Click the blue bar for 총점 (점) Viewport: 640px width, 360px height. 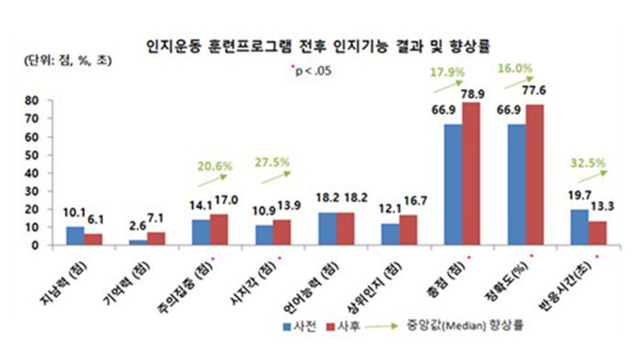(453, 184)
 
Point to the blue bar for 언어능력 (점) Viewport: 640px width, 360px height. (328, 228)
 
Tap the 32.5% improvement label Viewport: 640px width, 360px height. (594, 166)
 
